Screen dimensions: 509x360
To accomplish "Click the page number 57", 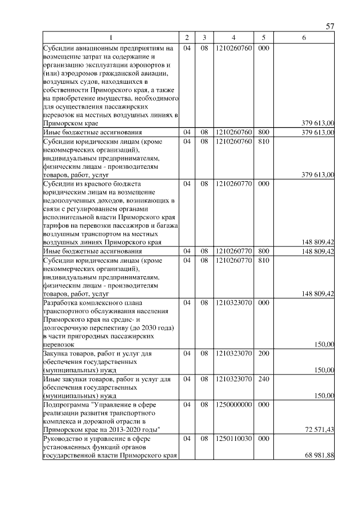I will tap(330, 26).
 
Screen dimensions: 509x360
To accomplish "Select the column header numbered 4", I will tap(233, 38).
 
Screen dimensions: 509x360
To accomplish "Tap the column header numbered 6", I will tap(304, 38).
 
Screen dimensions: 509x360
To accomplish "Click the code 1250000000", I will tap(233, 404).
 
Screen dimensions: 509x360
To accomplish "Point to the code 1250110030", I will tap(233, 439).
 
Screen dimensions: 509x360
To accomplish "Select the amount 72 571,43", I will tap(319, 430).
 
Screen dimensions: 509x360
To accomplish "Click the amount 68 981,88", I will tap(319, 455).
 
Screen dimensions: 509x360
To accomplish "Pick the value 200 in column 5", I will tap(263, 354).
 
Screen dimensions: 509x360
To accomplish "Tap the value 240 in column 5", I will tap(263, 379).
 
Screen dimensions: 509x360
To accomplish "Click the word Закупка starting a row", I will tap(57, 354).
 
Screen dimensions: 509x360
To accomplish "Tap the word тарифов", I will tap(56, 226).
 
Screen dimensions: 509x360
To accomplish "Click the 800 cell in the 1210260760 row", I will tap(263, 133).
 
